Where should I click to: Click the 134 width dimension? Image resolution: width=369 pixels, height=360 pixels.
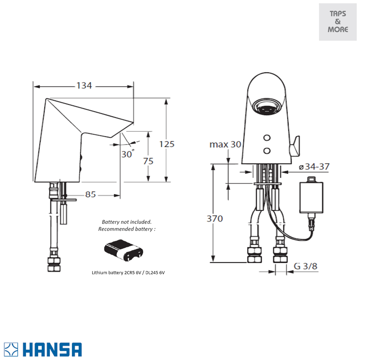(x=84, y=86)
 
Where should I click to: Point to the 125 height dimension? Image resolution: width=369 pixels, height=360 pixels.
(x=167, y=144)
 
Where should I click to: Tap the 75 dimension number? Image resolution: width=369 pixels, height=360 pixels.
(x=148, y=161)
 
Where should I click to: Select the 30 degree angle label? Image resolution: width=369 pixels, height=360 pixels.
(x=127, y=154)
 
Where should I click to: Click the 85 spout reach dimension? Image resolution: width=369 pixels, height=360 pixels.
(x=90, y=194)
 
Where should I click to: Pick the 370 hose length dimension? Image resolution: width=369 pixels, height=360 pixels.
(x=215, y=218)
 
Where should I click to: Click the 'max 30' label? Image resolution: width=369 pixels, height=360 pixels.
(x=225, y=145)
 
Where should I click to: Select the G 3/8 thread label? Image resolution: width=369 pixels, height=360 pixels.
(x=306, y=266)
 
